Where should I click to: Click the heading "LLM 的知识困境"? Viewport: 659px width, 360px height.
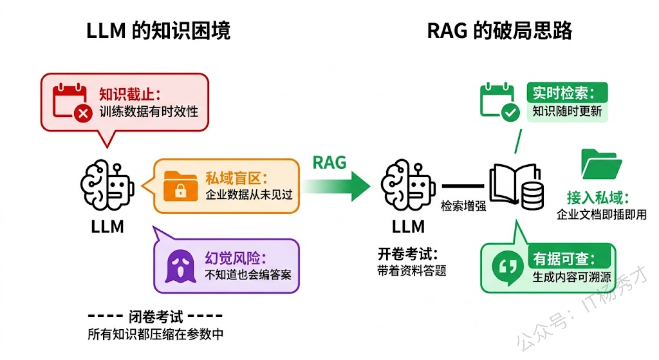(158, 31)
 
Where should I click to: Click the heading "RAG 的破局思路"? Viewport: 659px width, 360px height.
(499, 31)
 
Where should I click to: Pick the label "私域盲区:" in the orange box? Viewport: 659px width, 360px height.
(235, 178)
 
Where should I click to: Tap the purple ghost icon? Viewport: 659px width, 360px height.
(180, 266)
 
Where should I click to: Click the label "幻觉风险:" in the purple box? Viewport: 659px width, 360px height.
(235, 258)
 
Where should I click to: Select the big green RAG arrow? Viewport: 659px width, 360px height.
(337, 186)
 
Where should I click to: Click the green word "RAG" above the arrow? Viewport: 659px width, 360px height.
(329, 162)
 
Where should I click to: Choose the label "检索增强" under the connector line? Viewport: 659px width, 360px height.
(463, 206)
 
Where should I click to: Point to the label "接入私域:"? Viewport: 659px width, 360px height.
(598, 197)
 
